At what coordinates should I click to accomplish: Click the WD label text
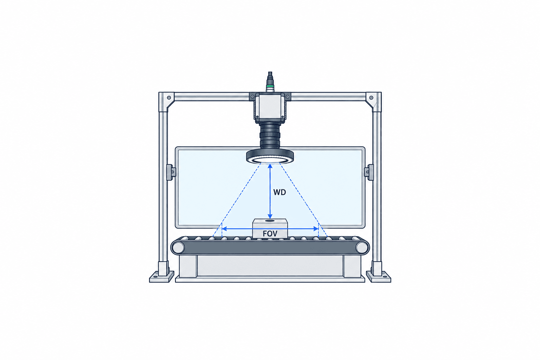[x=279, y=192]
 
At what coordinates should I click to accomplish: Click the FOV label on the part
[x=270, y=233]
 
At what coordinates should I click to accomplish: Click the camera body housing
[x=270, y=107]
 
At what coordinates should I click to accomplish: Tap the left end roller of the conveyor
[x=178, y=247]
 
